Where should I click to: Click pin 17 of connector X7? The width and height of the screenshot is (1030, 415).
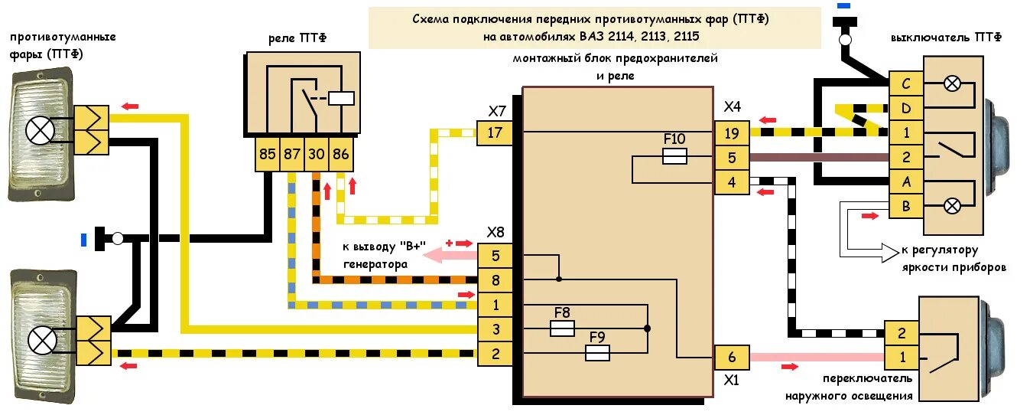tap(495, 133)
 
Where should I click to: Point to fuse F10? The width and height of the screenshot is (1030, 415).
tap(674, 157)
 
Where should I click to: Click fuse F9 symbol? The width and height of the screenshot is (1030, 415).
tap(596, 353)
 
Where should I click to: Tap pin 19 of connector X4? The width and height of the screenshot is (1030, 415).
tap(732, 133)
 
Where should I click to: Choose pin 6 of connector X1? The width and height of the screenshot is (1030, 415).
tap(732, 357)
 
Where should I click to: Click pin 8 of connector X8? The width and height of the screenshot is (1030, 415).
tap(496, 280)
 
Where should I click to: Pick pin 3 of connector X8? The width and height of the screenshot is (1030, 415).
tap(496, 329)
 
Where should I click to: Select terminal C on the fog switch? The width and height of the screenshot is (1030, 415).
tap(906, 85)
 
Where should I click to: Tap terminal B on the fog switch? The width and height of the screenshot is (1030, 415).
tap(906, 205)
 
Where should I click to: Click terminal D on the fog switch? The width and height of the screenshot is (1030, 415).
tap(906, 109)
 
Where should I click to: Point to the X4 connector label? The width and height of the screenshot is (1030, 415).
tap(733, 106)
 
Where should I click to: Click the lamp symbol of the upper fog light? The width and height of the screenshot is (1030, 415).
tap(40, 130)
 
